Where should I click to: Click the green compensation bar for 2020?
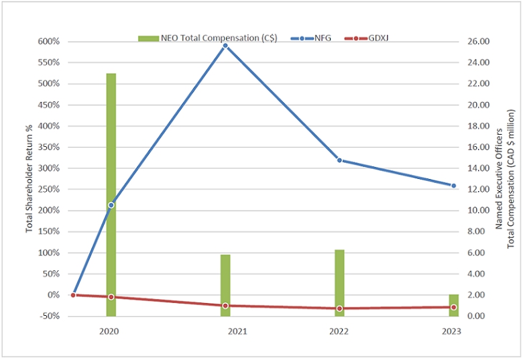point(111,194)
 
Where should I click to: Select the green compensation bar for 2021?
point(225,286)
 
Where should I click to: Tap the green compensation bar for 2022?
point(339,283)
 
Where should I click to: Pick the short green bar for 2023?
point(454,305)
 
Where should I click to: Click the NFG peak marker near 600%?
point(225,46)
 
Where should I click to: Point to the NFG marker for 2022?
point(339,160)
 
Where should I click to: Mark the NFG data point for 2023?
point(454,186)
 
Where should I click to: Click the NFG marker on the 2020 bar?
point(111,205)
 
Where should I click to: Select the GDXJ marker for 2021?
point(225,306)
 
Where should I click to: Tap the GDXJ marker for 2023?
point(454,307)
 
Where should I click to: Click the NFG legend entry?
point(311,38)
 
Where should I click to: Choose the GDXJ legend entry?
point(366,38)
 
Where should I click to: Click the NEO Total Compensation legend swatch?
point(148,39)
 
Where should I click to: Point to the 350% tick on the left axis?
point(49,147)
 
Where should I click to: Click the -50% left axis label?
point(50,316)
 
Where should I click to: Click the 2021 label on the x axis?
point(237,331)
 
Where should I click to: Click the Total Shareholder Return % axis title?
point(30,179)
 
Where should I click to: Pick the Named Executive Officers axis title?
point(499,179)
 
